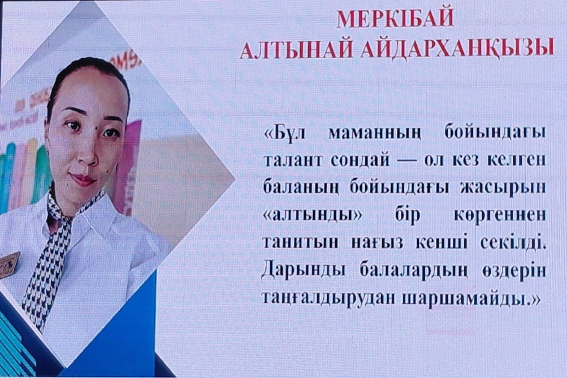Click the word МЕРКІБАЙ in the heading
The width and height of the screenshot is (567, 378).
[x=395, y=19]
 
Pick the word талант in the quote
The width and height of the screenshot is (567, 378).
[x=292, y=160]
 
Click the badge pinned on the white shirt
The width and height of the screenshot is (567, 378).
[x=10, y=265]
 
